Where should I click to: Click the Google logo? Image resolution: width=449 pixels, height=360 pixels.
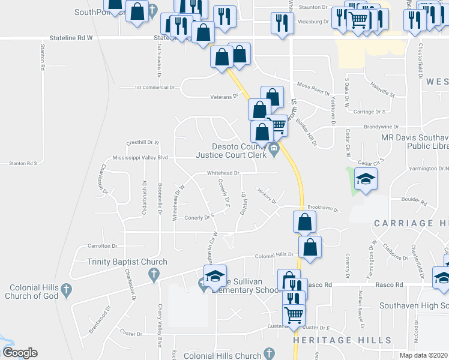click(x=20, y=353)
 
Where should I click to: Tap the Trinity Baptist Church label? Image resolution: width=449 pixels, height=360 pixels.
click(x=127, y=262)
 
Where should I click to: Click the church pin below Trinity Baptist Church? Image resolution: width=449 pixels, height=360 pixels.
click(x=154, y=275)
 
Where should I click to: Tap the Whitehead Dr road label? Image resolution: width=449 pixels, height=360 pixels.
click(x=223, y=173)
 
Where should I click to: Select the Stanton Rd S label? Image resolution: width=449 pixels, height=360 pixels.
click(x=23, y=163)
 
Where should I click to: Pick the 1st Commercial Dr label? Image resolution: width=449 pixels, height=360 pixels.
click(x=154, y=87)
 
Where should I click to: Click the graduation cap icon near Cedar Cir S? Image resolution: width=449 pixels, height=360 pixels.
click(x=366, y=179)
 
